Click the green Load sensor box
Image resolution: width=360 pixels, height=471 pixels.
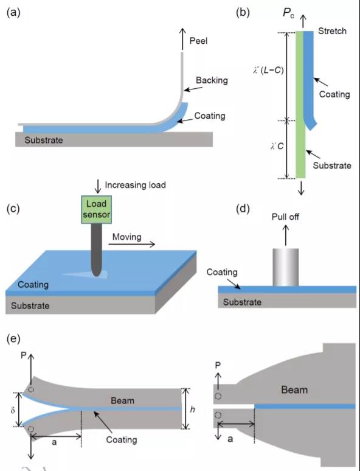(x=96, y=209)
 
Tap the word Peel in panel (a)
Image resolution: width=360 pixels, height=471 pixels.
(x=198, y=41)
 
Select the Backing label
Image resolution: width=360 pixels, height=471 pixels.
(x=212, y=80)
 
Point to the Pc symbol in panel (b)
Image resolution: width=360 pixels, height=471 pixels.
(x=288, y=13)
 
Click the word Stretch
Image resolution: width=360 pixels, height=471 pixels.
(x=332, y=31)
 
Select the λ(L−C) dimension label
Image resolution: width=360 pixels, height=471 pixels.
(x=268, y=71)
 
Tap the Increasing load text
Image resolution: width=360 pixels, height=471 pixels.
(x=135, y=185)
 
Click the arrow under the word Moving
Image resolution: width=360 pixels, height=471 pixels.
(x=132, y=244)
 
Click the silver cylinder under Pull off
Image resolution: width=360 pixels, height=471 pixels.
(x=286, y=267)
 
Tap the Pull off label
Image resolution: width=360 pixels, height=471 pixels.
(x=285, y=217)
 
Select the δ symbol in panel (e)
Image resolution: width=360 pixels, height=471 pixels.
(x=13, y=410)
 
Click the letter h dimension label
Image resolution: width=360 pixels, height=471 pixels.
(x=192, y=409)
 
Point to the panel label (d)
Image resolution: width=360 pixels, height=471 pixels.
(x=243, y=208)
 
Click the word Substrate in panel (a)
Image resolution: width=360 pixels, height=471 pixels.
(x=44, y=140)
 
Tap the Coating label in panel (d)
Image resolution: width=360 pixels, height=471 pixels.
(x=222, y=272)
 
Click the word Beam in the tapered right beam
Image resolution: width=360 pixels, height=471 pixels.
(x=294, y=390)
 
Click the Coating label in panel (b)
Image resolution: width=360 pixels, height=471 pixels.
(x=334, y=94)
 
